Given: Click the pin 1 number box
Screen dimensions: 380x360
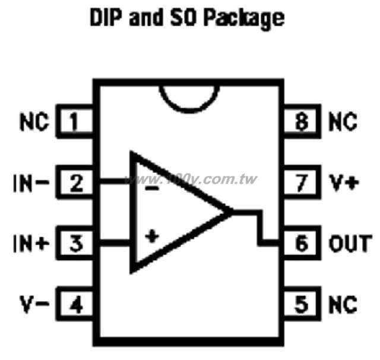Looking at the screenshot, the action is point(74,121).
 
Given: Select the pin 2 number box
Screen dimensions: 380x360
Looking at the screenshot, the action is point(74,182).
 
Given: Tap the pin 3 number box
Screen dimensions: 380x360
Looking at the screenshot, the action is point(74,243).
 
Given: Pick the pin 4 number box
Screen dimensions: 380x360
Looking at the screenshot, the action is point(74,304).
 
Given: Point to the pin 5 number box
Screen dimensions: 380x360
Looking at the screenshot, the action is point(302,304).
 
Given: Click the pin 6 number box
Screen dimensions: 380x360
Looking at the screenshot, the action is point(302,243).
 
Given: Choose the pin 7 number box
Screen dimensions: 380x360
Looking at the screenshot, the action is point(302,182).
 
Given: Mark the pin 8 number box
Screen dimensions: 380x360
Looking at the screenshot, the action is point(302,121).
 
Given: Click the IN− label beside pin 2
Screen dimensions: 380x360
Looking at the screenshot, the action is point(31,182).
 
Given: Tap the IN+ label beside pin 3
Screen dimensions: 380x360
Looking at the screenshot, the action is point(31,244).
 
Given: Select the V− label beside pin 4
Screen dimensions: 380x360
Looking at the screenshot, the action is point(34,304).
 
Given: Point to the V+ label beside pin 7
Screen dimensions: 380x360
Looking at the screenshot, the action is point(344,182).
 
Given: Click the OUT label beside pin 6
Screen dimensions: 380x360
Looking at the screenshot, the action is point(350,244).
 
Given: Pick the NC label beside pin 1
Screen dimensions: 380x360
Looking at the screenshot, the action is point(34,122).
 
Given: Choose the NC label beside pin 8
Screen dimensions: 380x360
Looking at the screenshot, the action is point(343,122).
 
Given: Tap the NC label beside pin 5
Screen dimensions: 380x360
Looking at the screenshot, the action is point(343,304).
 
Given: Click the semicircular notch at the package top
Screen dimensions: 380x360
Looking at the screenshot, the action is point(189,111).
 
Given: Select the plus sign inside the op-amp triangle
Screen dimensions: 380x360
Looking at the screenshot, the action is point(152,236).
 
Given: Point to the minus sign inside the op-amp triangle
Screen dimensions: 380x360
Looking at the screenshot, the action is point(152,188).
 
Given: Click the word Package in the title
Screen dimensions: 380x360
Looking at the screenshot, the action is point(244,18).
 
